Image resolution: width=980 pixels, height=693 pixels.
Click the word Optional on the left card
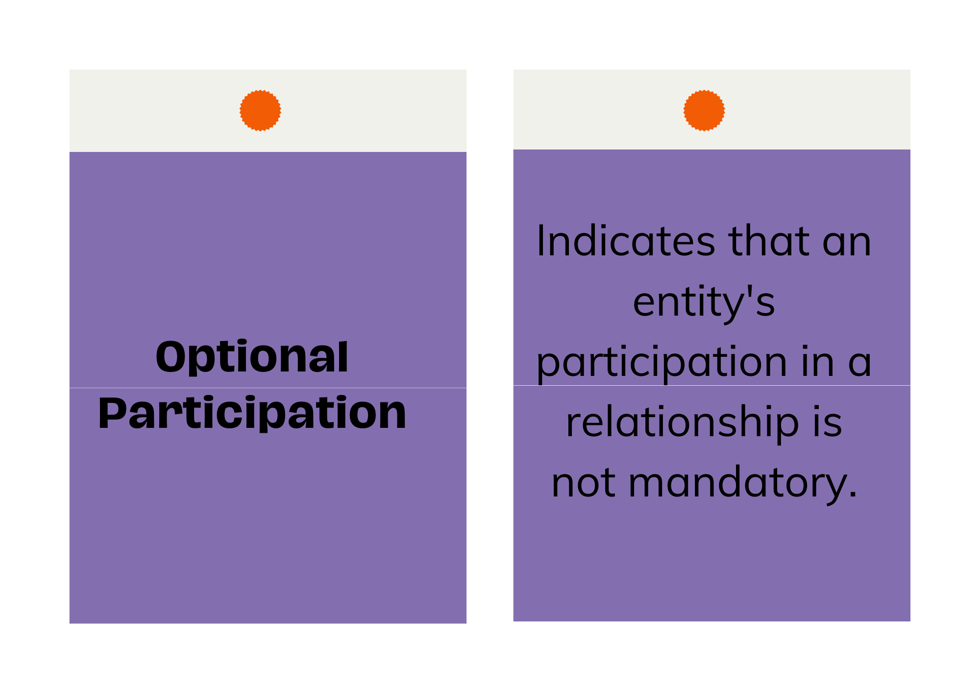[x=252, y=357]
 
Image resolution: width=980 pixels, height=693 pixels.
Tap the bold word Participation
[x=252, y=414]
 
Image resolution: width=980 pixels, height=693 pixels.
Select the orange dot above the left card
[x=260, y=110]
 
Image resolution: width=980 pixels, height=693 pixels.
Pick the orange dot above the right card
[x=704, y=110]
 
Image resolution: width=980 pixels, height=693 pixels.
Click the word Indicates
[x=626, y=241]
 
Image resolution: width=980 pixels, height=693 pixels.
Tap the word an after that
[x=847, y=246]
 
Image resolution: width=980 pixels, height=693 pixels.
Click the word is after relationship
[x=828, y=422]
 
